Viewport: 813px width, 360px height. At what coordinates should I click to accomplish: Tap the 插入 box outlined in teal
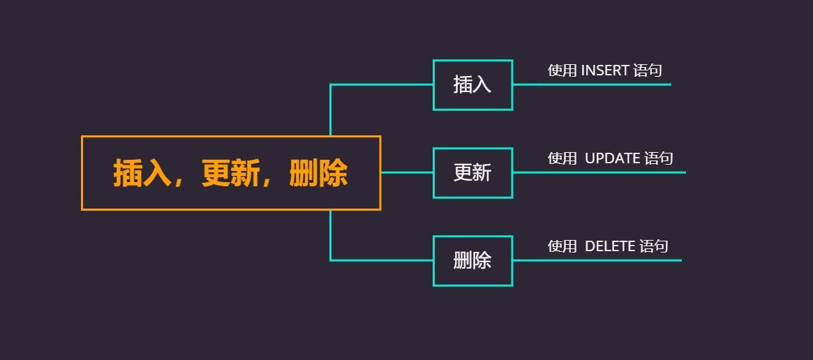(472, 84)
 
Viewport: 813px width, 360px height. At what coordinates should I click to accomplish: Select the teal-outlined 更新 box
(472, 172)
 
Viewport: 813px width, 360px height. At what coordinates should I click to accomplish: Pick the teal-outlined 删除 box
(472, 260)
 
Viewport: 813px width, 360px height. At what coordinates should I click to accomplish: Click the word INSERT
(605, 70)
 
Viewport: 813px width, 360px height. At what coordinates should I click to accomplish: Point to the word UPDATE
(612, 158)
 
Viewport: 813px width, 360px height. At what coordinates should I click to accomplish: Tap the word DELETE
(610, 246)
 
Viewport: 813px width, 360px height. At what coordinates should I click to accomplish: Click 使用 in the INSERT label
(562, 70)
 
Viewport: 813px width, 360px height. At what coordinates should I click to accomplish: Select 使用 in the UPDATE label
(562, 158)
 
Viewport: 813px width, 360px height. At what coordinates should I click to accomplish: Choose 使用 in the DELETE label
(562, 246)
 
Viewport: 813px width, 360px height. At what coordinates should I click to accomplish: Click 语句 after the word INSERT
(648, 70)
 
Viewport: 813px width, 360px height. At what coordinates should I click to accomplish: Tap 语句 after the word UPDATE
(659, 158)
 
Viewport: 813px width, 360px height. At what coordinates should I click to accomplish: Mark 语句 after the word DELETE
(654, 246)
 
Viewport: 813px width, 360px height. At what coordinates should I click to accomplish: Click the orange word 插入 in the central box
(142, 173)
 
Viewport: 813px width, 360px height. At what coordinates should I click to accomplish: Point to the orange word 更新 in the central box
(230, 173)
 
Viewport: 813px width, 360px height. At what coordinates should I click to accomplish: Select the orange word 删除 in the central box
(318, 173)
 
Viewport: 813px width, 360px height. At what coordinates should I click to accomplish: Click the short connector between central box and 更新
(407, 172)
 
